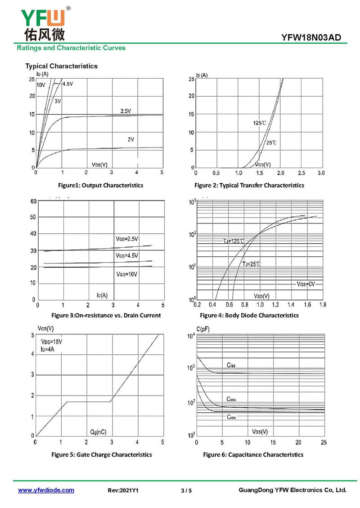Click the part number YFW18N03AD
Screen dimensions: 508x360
click(x=314, y=38)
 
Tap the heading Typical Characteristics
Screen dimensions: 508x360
click(x=61, y=66)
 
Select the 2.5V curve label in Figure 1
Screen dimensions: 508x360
click(x=126, y=111)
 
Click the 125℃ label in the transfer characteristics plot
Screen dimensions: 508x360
click(x=259, y=123)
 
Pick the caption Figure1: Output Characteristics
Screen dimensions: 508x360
click(x=100, y=185)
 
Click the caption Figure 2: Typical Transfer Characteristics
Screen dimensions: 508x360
click(x=249, y=185)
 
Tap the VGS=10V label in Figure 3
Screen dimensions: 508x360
click(x=127, y=274)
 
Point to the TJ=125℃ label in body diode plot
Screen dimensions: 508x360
click(x=234, y=241)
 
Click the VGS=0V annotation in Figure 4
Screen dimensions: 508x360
click(x=306, y=284)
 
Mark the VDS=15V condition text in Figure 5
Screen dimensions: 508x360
click(x=52, y=342)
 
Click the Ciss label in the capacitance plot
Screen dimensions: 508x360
click(x=230, y=365)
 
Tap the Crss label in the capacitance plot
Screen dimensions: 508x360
click(x=231, y=417)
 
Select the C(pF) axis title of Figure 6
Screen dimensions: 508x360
click(x=203, y=329)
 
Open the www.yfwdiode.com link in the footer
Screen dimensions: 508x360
click(x=46, y=490)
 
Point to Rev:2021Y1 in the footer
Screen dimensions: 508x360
click(x=123, y=490)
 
